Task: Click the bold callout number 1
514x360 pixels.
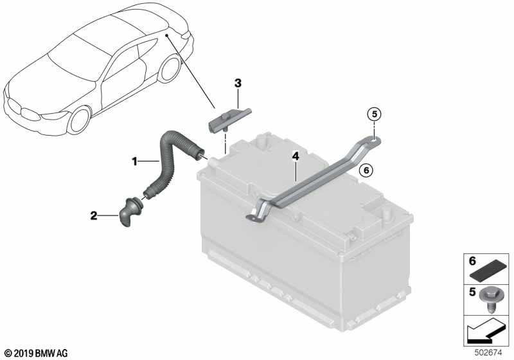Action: pos(134,161)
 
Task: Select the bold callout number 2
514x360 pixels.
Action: pos(94,216)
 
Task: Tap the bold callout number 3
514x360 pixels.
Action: pos(238,84)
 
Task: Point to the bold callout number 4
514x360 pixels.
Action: pos(296,156)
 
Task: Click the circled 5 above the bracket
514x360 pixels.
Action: pos(375,114)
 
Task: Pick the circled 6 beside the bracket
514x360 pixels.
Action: pos(366,170)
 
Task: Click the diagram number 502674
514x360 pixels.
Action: pos(488,353)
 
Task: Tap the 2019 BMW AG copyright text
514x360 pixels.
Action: pos(36,354)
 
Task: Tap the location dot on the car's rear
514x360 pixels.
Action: pos(167,35)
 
